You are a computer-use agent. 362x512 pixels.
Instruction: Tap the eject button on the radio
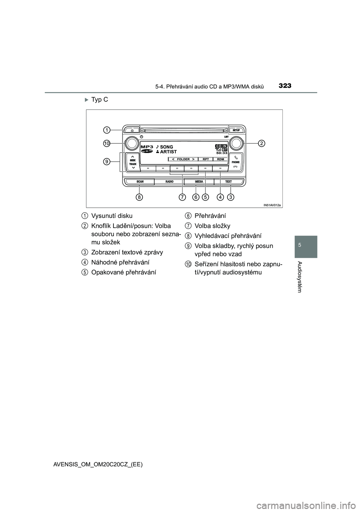tap(132, 129)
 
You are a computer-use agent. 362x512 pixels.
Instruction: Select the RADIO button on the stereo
tap(169, 182)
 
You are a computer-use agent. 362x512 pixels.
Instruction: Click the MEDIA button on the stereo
tap(199, 182)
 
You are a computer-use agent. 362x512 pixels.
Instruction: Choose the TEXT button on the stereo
tap(229, 182)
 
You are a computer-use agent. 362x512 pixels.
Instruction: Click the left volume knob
tap(132, 143)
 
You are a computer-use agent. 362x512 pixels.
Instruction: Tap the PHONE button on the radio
tap(236, 162)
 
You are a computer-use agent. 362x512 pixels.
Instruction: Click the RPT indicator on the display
tap(206, 159)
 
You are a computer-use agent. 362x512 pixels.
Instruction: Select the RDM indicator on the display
tap(221, 159)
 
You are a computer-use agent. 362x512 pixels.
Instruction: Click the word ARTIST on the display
tap(168, 152)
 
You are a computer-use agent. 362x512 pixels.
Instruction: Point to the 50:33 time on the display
tap(222, 153)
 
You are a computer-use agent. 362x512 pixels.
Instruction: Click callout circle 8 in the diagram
tap(140, 197)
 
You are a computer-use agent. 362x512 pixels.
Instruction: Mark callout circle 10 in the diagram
tap(107, 144)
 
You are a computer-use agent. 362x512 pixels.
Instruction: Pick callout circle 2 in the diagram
tap(261, 143)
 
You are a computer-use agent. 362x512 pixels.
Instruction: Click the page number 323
tap(285, 86)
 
